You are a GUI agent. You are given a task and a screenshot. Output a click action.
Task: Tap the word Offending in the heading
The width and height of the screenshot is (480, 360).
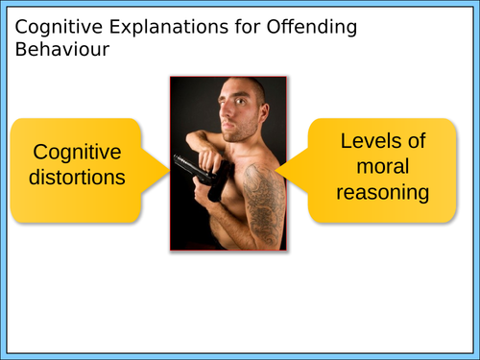click(x=306, y=28)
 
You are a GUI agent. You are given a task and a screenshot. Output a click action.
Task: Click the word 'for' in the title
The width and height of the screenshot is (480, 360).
click(x=236, y=28)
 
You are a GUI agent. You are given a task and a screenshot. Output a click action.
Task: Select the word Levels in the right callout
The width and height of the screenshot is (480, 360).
click(x=382, y=141)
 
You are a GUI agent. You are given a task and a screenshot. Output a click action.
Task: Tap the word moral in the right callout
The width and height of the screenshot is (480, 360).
click(x=382, y=167)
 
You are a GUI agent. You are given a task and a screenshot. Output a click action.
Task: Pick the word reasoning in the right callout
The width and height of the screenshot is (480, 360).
click(x=382, y=192)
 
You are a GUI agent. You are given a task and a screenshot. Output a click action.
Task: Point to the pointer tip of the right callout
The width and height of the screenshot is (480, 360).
click(x=278, y=169)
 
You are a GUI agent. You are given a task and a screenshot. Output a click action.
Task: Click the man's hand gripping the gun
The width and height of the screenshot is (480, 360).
click(x=217, y=188)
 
